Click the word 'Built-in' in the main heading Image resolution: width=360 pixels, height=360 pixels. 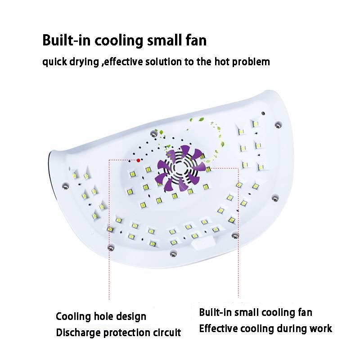click(66, 40)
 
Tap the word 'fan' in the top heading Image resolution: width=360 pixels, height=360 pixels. click(196, 40)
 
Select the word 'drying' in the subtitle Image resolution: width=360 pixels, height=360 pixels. click(84, 62)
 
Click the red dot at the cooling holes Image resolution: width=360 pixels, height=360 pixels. click(138, 160)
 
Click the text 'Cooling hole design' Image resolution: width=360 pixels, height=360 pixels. click(101, 317)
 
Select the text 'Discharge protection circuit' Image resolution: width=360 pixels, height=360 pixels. click(118, 333)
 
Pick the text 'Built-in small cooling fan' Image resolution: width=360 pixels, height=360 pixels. click(256, 312)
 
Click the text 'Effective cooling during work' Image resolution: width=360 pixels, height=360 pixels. click(265, 328)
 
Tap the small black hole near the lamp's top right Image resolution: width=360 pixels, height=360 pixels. click(263, 113)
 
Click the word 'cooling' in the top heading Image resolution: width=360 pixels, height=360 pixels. click(119, 40)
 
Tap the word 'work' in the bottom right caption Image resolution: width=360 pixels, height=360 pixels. click(321, 328)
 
